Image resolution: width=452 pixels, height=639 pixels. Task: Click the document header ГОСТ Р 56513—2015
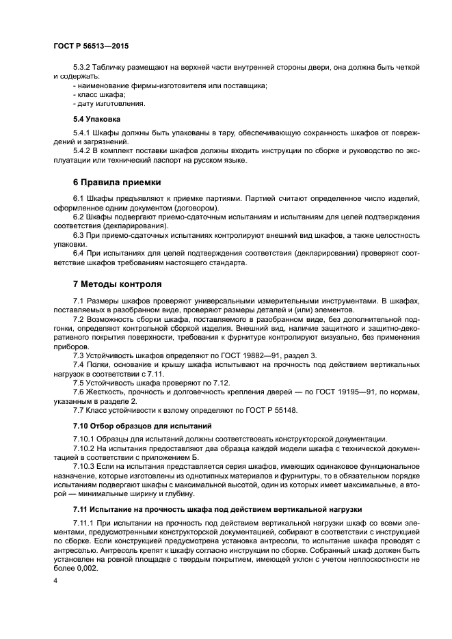[x=90, y=46]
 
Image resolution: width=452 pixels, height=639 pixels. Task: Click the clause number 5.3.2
[x=83, y=67]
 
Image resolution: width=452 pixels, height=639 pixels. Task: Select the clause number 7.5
[x=79, y=383]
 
